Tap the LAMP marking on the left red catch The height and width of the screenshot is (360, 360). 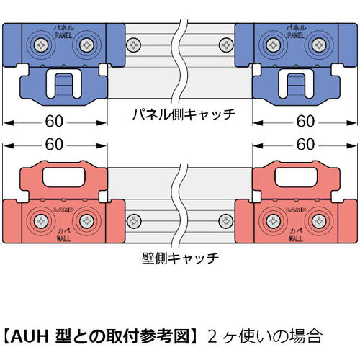click(63, 210)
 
